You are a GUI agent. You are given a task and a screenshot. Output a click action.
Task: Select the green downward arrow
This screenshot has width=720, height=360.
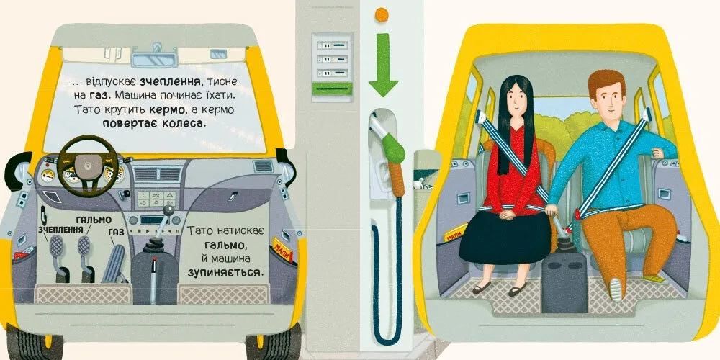383,64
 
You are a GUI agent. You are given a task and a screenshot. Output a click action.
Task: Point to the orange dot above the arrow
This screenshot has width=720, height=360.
381,14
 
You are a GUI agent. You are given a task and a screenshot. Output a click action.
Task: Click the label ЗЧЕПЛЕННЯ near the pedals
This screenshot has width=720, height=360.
60,229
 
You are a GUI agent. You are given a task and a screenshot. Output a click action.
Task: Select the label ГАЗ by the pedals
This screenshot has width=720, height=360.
116,233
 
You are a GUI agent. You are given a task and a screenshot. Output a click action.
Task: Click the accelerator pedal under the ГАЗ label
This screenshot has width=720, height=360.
112,264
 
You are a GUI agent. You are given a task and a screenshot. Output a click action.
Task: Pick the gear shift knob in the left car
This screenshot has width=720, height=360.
168,210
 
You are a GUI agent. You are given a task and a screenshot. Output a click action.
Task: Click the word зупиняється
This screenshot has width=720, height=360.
227,272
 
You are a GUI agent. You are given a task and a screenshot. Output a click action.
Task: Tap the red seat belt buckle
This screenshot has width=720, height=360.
577,214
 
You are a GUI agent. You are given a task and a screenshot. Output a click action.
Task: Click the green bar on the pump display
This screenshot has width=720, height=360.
332,89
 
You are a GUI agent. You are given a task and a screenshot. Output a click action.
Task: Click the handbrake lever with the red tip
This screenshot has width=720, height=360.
153,280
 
